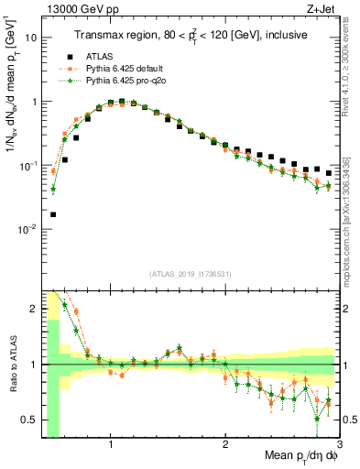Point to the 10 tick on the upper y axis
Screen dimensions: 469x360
29,38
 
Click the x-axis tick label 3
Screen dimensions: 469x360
339,446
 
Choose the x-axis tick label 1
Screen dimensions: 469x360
111,446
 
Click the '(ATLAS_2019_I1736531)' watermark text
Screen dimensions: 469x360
191,274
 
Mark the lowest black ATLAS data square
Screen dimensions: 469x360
53,214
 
